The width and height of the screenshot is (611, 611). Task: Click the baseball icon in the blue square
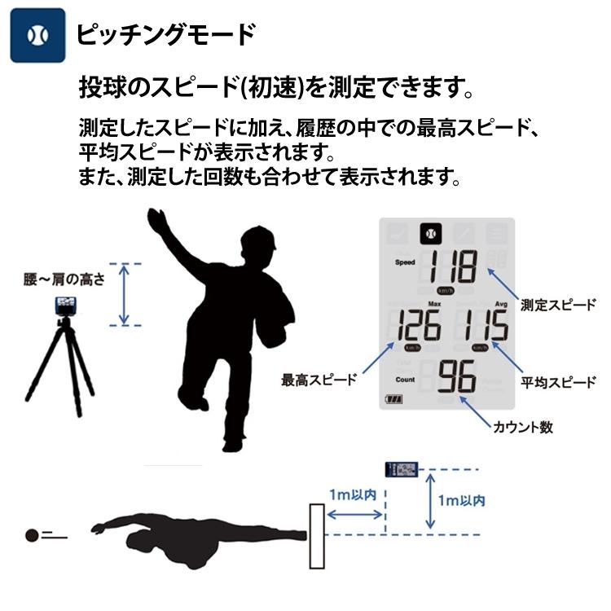[37, 35]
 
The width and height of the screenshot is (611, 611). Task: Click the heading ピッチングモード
[165, 34]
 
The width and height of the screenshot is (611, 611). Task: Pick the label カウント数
[524, 427]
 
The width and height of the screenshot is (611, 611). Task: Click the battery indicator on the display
[395, 399]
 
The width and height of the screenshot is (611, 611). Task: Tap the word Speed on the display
[405, 263]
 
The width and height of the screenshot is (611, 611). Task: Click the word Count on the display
[405, 380]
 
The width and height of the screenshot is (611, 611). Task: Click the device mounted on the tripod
[65, 306]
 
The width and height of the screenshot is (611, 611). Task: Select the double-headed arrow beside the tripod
[124, 294]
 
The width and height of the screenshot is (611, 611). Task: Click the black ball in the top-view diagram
[32, 535]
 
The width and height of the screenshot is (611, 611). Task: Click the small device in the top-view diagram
[402, 470]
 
